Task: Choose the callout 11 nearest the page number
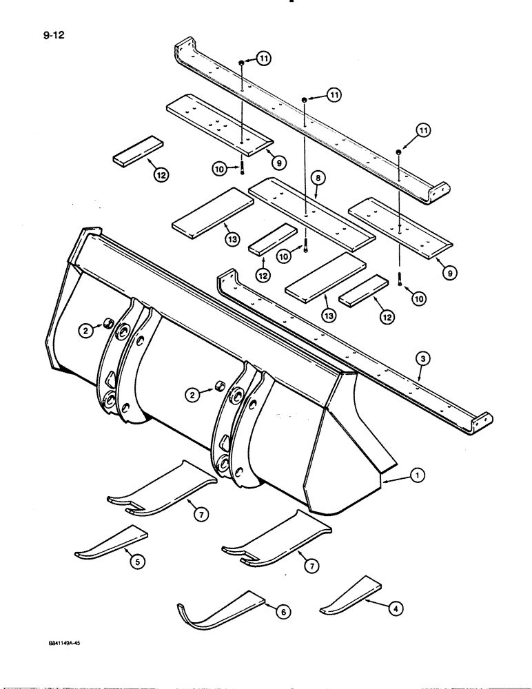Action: point(263,60)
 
